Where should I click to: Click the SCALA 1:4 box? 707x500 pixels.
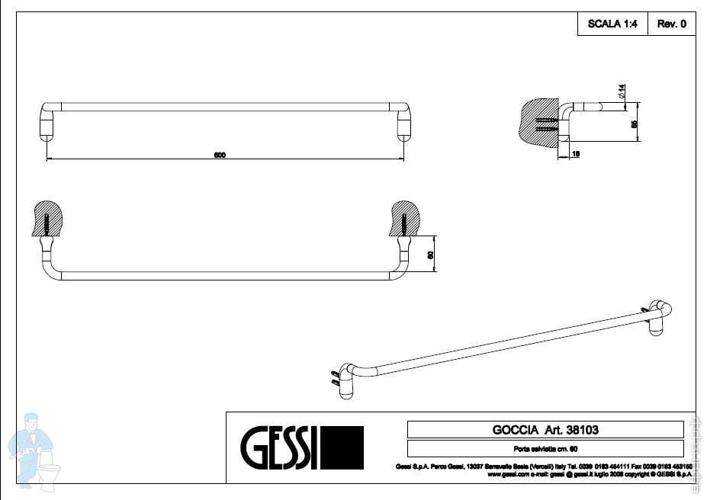coord(612,24)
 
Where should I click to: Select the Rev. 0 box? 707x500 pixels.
coord(672,24)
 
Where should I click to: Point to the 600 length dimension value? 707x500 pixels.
coord(220,155)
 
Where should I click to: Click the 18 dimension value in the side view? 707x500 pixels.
coord(576,154)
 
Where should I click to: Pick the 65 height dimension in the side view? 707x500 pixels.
coord(634,123)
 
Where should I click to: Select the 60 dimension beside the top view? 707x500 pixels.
coord(429,255)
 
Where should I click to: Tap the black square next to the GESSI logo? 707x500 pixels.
coord(342,447)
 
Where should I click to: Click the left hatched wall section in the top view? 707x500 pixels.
coord(49,218)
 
